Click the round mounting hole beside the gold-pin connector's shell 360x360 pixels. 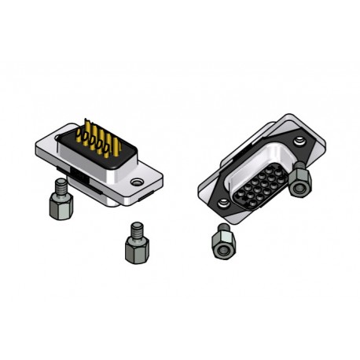tap(138, 183)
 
